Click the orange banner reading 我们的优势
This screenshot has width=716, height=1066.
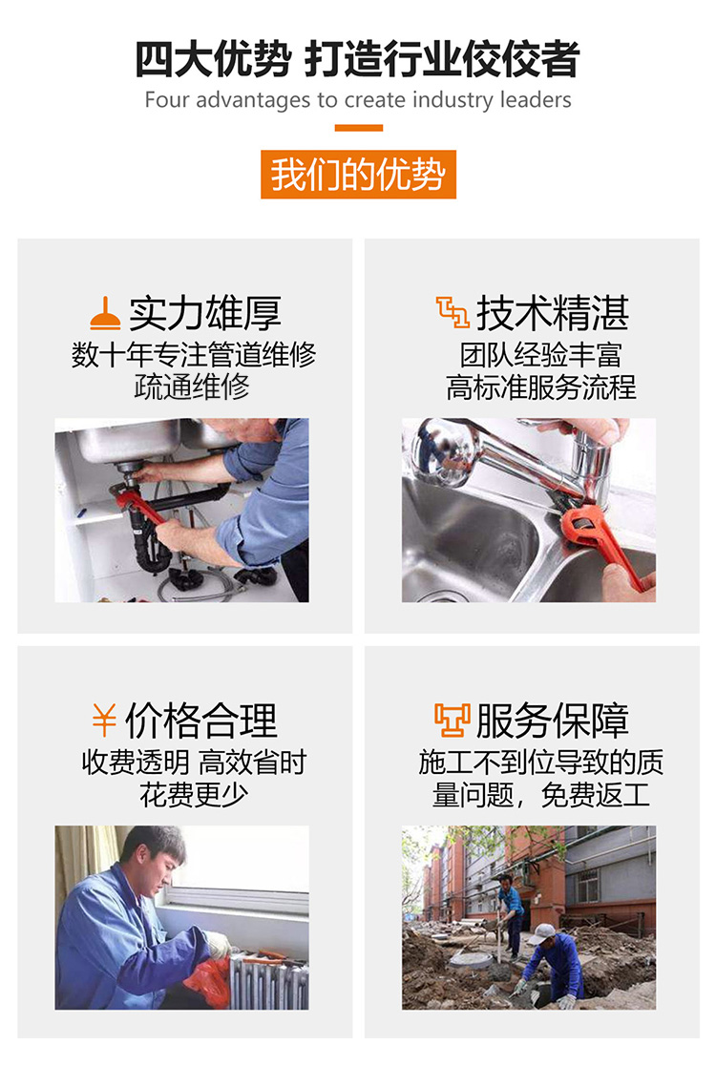pos(358,175)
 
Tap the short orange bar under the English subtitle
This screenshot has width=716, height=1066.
pos(358,128)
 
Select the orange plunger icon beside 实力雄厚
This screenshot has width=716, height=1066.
pos(105,313)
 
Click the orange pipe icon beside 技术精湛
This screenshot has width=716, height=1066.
pos(453,312)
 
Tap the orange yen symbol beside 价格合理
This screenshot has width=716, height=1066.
pos(104,720)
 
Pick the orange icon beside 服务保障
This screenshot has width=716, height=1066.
pos(453,721)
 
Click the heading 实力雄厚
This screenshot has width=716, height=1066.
pos(204,313)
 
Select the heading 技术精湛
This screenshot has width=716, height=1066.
pos(552,313)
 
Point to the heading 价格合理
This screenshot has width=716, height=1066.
pos(201,721)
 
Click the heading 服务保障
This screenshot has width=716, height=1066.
pos(552,721)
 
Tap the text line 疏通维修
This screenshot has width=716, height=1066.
pos(193,387)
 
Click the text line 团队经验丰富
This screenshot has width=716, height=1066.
pos(540,355)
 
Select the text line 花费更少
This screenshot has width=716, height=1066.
pos(195,795)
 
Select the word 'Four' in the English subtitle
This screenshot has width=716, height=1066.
pos(166,100)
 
